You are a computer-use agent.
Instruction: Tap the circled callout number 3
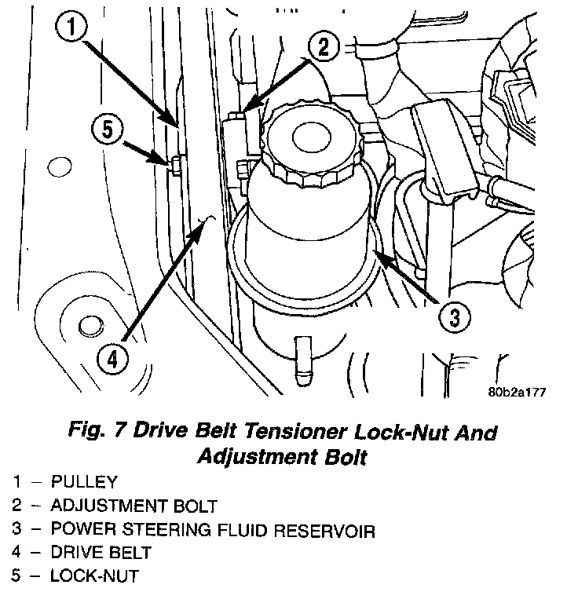[453, 317]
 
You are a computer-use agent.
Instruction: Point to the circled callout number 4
[112, 359]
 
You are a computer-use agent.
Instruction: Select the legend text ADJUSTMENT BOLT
[134, 506]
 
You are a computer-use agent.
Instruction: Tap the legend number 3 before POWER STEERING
[16, 531]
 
